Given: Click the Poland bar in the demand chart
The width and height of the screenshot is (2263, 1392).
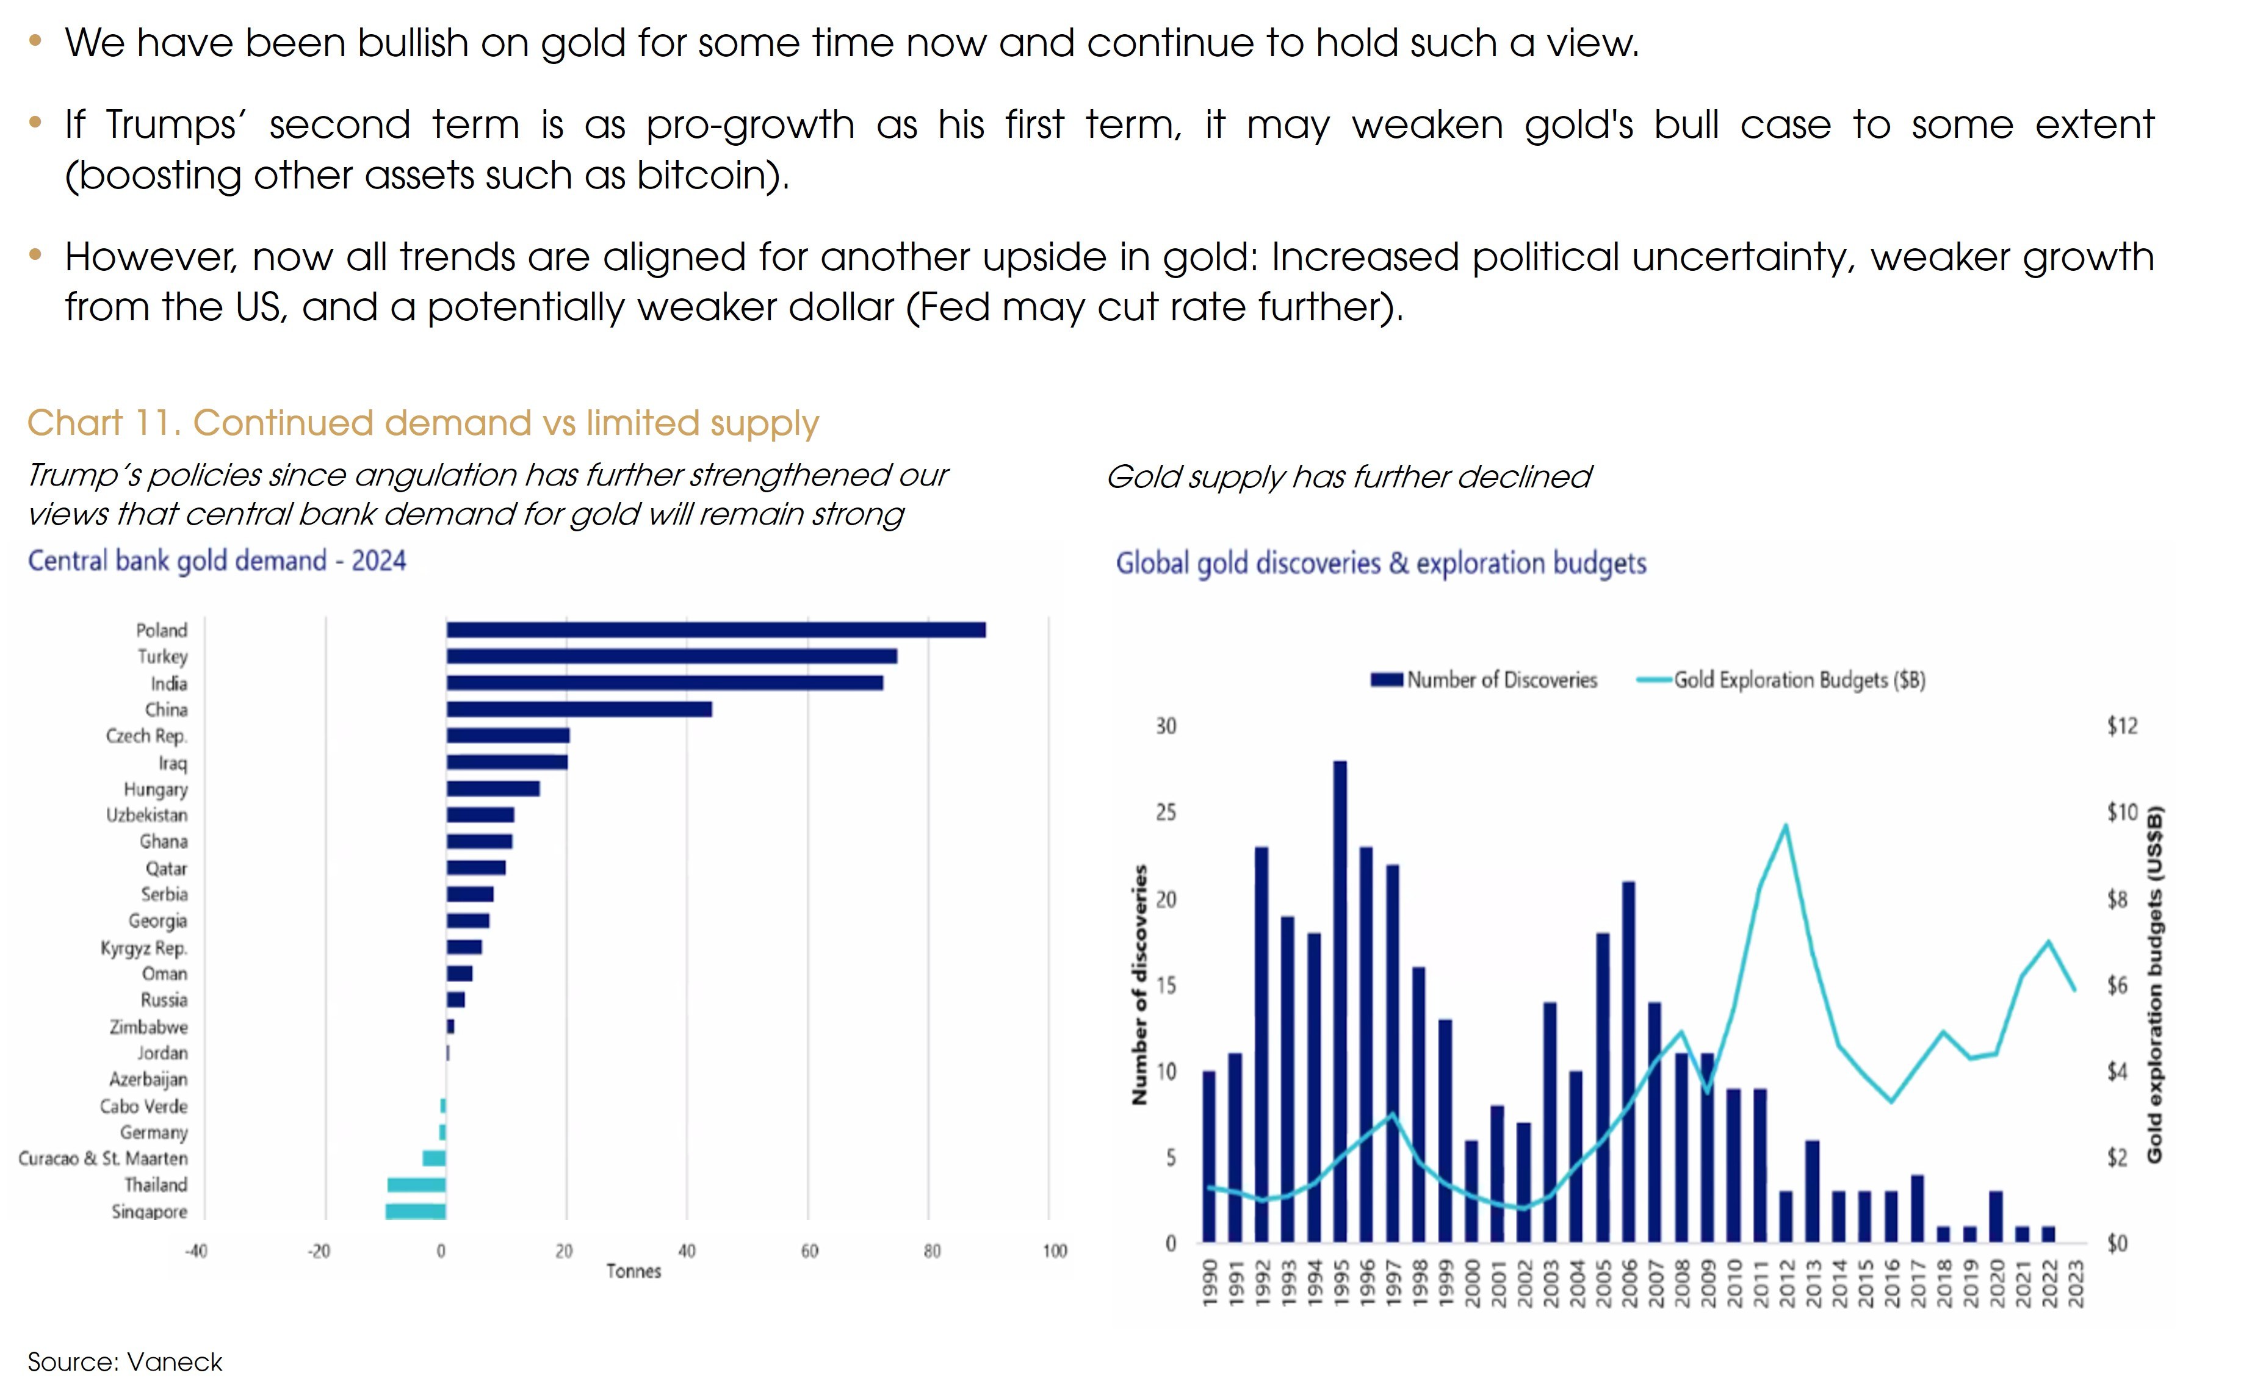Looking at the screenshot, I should tap(716, 630).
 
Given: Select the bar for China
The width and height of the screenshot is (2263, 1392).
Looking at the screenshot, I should tap(579, 709).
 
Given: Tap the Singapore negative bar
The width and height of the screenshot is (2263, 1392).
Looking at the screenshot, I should tap(416, 1211).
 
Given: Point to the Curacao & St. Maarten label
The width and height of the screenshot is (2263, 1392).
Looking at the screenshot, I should tap(103, 1158).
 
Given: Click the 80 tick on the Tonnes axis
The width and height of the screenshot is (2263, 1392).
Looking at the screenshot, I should tap(931, 1251).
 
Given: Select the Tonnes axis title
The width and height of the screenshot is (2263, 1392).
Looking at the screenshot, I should tap(633, 1271).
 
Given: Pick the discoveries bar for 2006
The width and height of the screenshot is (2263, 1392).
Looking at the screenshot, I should tap(1628, 1061).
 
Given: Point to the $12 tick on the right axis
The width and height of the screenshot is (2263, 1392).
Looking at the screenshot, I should tap(2121, 726).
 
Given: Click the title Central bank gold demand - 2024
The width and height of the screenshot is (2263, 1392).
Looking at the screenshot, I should tap(217, 561).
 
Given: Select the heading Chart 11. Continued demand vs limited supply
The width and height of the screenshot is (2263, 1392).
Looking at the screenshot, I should tap(423, 423).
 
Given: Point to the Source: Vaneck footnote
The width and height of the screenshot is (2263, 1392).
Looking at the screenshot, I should tap(125, 1362).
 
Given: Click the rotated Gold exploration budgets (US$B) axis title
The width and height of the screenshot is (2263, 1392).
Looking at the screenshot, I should tap(2154, 985).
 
